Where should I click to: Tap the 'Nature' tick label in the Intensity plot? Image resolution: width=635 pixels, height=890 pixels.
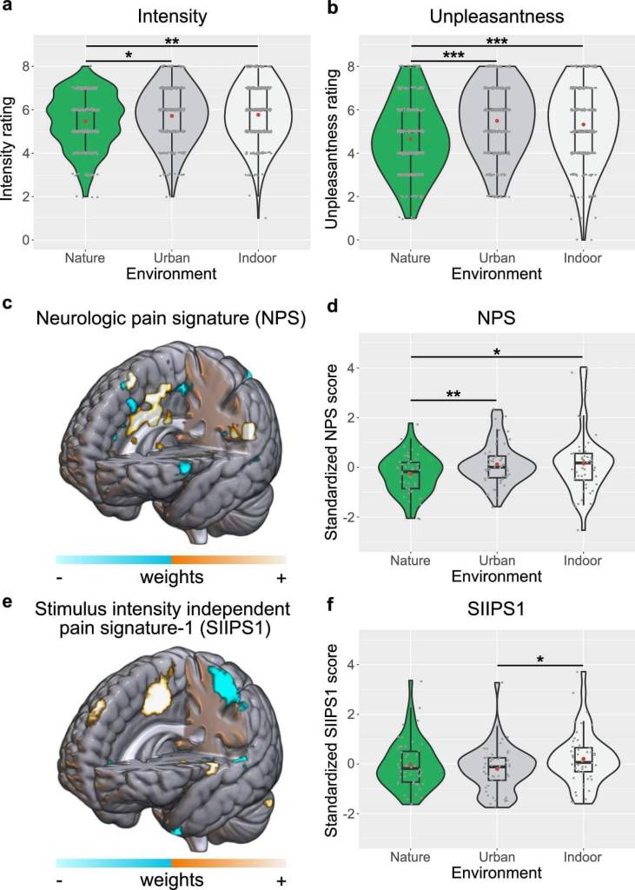(85, 258)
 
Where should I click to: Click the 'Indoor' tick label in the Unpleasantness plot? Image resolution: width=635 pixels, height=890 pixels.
(583, 258)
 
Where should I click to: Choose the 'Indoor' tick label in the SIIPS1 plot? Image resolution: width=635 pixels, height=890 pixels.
(583, 857)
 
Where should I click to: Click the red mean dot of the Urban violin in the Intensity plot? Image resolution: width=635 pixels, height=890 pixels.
(172, 116)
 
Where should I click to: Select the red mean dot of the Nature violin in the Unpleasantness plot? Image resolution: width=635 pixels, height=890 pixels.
(411, 139)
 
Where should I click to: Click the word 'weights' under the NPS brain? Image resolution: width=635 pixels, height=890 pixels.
(171, 577)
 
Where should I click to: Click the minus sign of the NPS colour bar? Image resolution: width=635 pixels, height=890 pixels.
(59, 578)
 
